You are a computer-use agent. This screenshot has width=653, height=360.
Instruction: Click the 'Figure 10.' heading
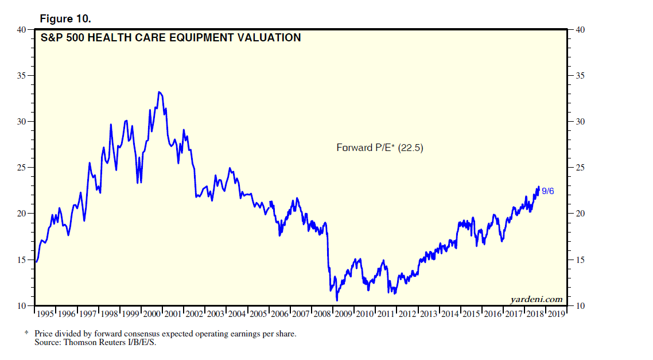(65, 18)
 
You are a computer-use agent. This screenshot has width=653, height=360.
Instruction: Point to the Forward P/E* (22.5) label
(380, 148)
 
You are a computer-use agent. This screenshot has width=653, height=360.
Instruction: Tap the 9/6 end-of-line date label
(548, 191)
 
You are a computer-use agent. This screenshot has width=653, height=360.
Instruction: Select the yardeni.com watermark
(536, 299)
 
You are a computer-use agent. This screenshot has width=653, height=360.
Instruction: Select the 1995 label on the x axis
(46, 314)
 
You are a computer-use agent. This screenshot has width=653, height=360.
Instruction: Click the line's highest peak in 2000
(159, 92)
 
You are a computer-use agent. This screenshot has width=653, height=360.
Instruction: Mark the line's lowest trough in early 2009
(337, 300)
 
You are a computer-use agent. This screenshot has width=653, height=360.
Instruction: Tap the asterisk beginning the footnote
(26, 334)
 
